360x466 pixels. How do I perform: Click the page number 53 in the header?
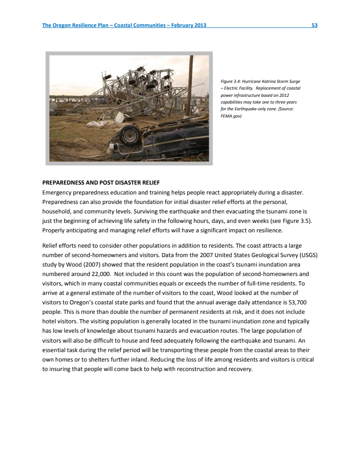point(315,25)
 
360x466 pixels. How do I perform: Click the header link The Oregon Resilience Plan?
point(76,25)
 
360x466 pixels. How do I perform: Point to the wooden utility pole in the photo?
point(191,86)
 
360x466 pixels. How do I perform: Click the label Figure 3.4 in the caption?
point(230,81)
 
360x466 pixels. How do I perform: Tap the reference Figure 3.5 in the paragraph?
point(299,221)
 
